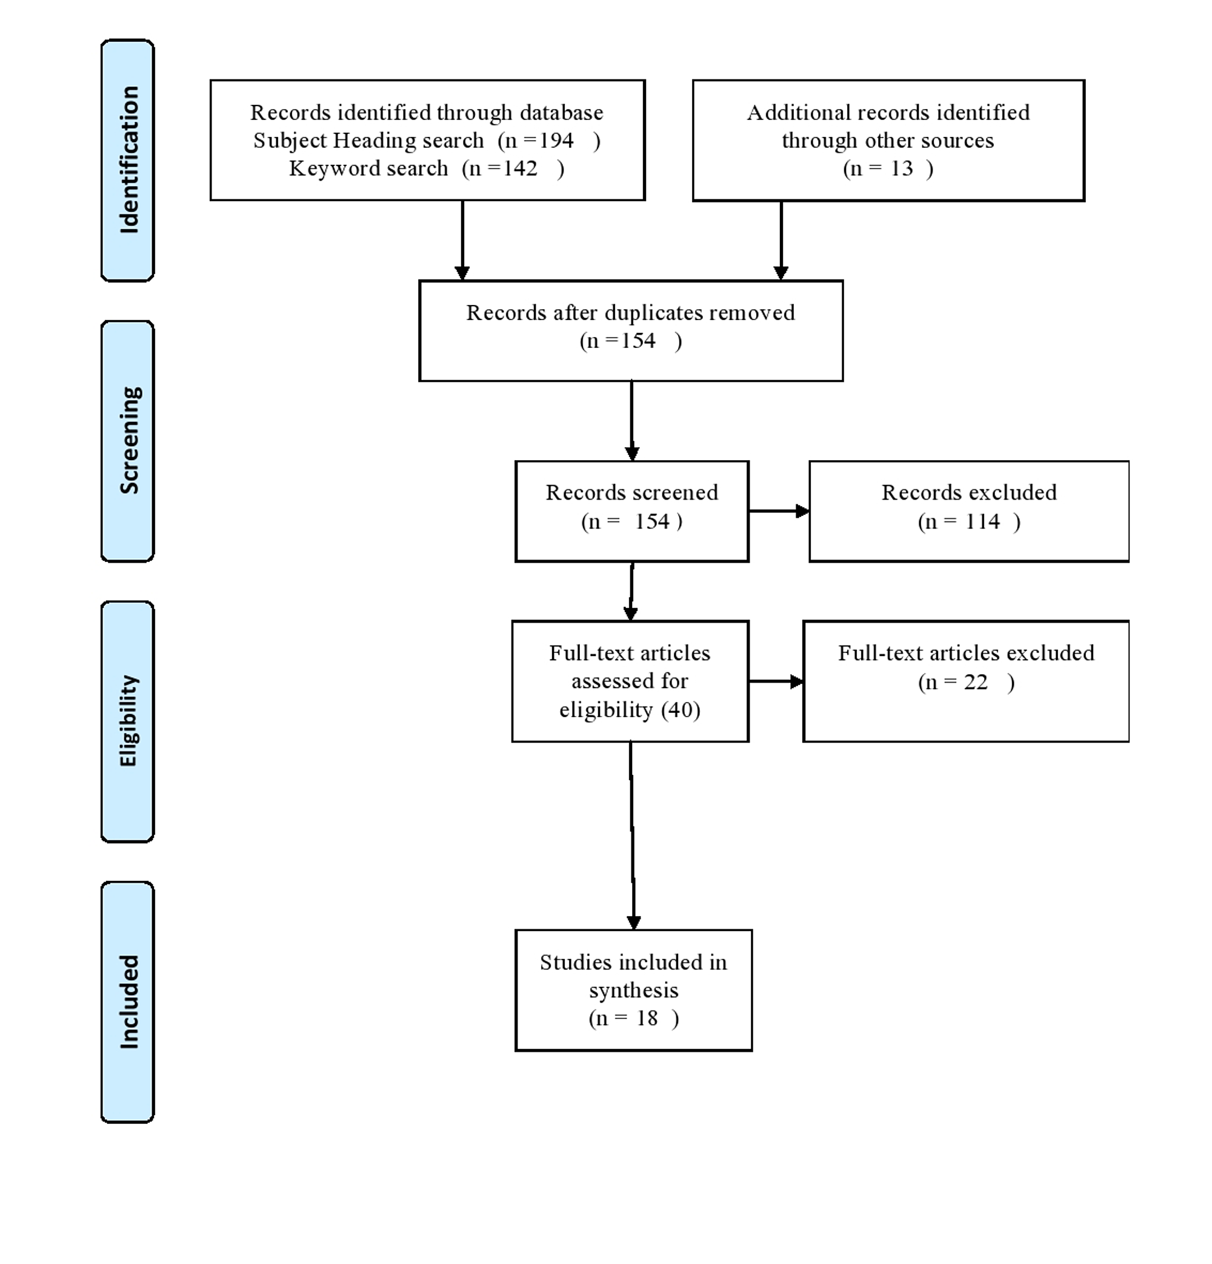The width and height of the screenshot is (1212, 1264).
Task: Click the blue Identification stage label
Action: click(128, 161)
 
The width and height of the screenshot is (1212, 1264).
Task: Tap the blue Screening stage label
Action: click(128, 441)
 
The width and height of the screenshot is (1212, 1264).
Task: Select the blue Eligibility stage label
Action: click(128, 721)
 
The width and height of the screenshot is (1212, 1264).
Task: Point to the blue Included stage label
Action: click(128, 1002)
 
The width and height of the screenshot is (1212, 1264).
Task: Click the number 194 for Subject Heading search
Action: click(557, 141)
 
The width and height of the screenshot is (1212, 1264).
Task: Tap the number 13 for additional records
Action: click(902, 169)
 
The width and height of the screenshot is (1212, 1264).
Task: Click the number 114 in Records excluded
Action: click(982, 521)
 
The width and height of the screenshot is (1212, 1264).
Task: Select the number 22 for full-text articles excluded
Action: click(976, 681)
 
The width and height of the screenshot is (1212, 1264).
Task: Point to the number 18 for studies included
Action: click(647, 1018)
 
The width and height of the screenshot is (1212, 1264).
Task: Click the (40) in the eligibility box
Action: click(681, 709)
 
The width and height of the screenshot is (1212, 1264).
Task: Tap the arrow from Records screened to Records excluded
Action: click(779, 511)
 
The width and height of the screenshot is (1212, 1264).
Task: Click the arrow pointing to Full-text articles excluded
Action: click(776, 681)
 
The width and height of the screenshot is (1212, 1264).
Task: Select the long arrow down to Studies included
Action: click(633, 836)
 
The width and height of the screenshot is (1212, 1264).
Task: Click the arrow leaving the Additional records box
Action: click(781, 241)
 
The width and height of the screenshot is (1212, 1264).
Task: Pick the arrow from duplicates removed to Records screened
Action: click(632, 421)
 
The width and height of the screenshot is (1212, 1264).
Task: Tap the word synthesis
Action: click(634, 991)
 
